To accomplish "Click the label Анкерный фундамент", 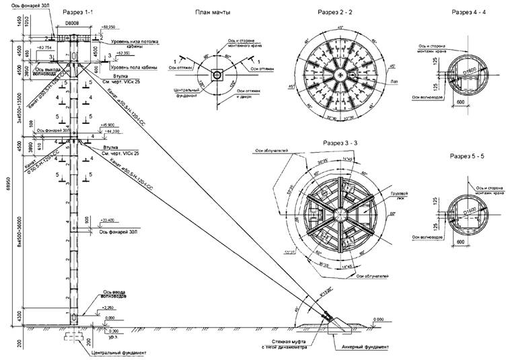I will pyautogui.click(x=363, y=348).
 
